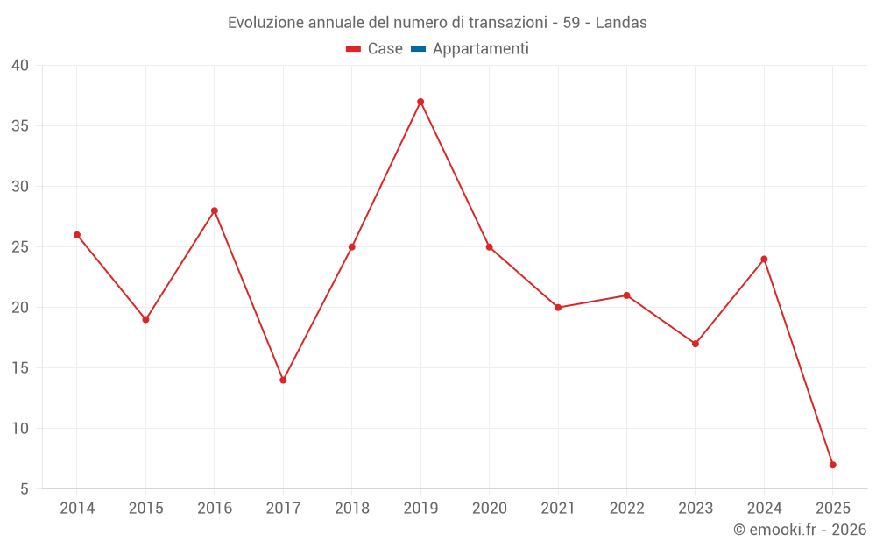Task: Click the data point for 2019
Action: point(420,102)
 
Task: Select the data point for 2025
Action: point(832,465)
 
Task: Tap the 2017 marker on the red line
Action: point(283,380)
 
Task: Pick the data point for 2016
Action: point(215,210)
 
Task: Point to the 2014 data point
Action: point(77,235)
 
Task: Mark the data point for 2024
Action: point(764,259)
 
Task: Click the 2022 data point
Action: point(626,295)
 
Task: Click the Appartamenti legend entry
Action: point(480,49)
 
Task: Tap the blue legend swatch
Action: point(418,49)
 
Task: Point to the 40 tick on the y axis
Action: point(20,66)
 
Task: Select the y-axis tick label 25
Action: point(20,247)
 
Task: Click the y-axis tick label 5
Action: point(25,489)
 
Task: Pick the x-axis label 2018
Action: point(352,509)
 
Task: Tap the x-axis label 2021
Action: point(558,509)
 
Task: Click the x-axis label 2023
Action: point(696,509)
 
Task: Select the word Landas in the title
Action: point(621,23)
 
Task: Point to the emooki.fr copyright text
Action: point(800,530)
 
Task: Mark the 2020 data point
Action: point(489,247)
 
